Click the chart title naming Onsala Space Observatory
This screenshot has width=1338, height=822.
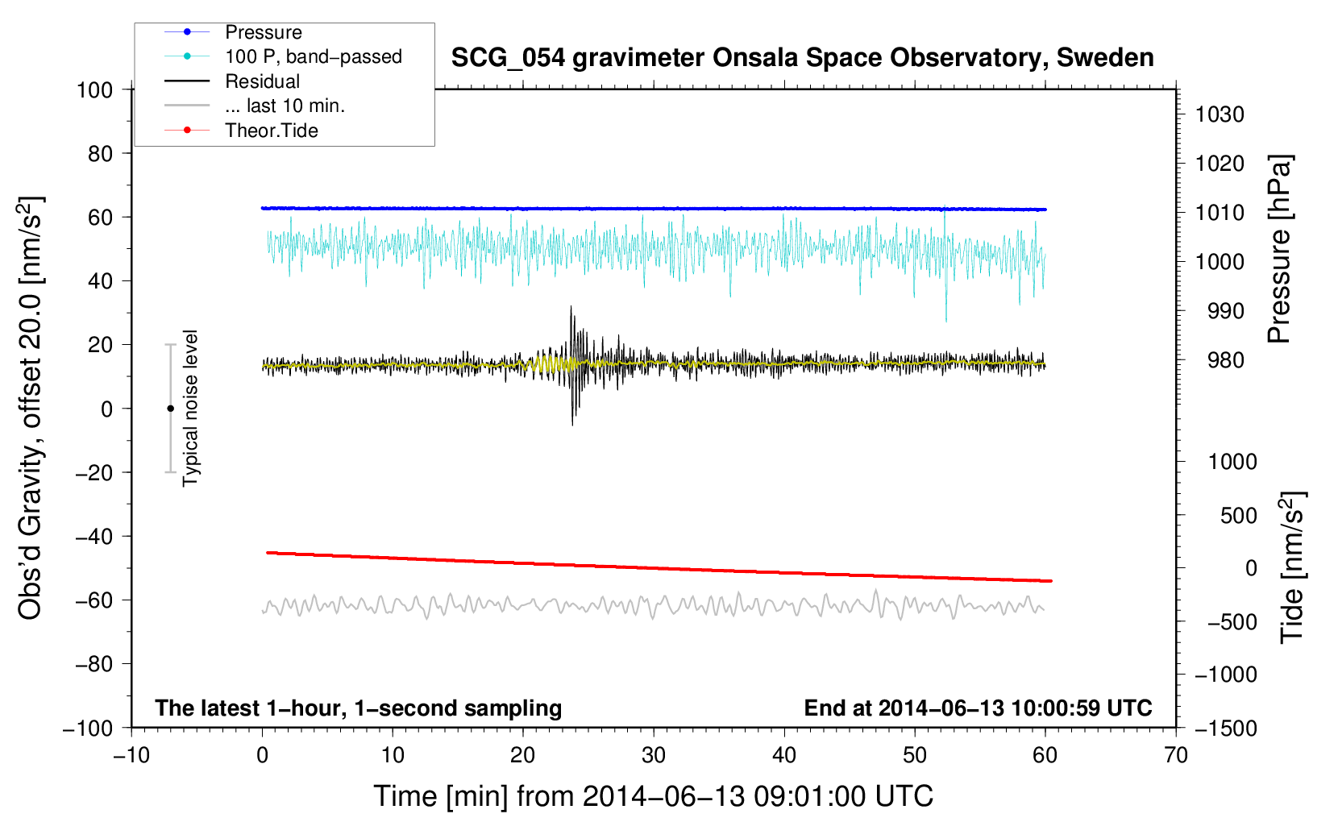[x=802, y=58]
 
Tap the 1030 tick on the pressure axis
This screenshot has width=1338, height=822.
[x=1220, y=114]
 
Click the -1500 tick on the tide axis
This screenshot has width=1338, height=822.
[x=1226, y=728]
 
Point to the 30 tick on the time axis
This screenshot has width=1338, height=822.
[x=653, y=755]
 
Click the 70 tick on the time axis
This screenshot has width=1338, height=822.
[x=1175, y=755]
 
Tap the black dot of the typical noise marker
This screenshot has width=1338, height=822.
[x=170, y=409]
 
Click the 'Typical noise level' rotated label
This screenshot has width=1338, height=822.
[x=190, y=408]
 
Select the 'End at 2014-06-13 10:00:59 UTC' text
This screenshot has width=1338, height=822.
[x=978, y=708]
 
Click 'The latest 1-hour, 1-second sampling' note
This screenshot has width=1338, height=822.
[x=358, y=708]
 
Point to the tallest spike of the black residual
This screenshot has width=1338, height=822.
[x=571, y=308]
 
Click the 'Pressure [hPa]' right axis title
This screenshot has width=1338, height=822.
[x=1279, y=250]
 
